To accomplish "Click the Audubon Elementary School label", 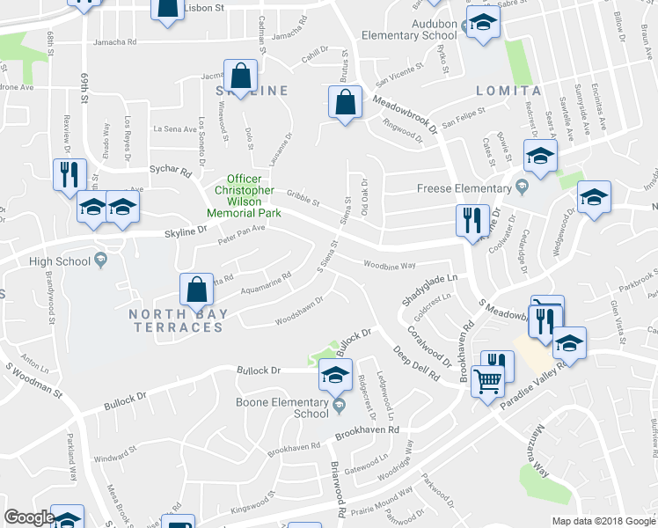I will click(409, 36).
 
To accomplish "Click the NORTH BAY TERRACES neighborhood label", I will click(177, 320).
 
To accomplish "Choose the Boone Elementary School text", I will click(282, 408).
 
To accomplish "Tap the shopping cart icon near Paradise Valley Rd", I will click(488, 381).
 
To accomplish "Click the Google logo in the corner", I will click(29, 517).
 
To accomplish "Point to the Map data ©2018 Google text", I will click(603, 521).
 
